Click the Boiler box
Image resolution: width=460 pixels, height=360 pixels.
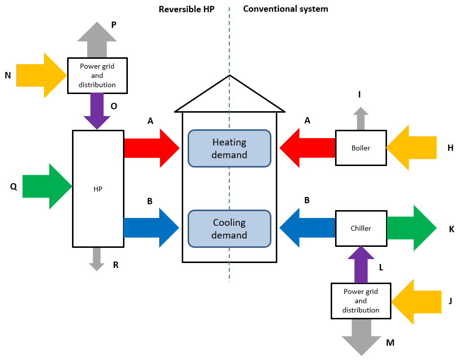[361, 147]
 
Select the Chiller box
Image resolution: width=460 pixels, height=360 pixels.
[361, 228]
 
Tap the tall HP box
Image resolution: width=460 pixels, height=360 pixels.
[97, 188]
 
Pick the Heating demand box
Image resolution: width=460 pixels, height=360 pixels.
[229, 148]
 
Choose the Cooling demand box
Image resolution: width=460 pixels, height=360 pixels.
[229, 229]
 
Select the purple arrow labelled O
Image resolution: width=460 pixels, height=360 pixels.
[97, 112]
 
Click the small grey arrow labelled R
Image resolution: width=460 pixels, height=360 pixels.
[97, 259]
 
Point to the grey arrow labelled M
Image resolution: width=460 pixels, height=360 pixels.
[361, 338]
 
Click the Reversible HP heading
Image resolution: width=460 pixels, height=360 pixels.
[187, 9]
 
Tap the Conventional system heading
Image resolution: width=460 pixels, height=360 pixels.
[286, 9]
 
